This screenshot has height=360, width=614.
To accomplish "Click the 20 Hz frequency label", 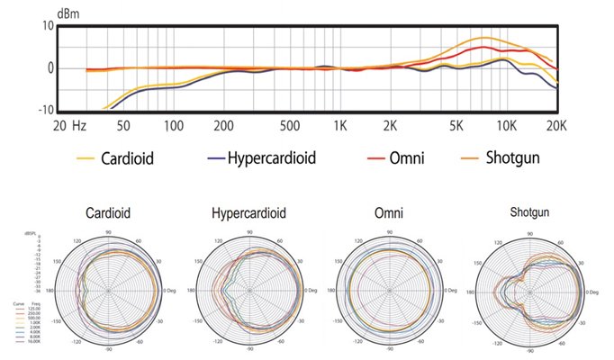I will point(70,126).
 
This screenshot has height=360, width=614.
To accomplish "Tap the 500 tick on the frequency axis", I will point(291,126).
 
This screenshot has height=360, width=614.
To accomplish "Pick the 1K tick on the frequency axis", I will point(340,126).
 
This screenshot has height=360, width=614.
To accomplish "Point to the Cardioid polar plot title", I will point(109,215).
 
